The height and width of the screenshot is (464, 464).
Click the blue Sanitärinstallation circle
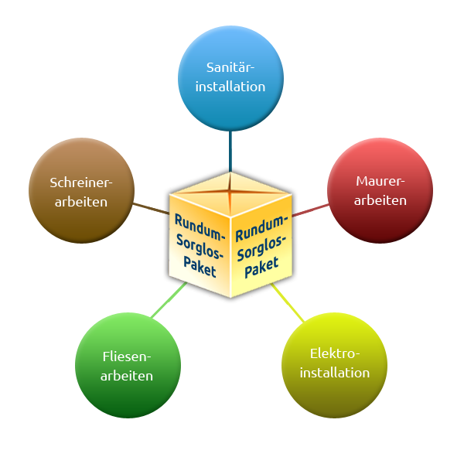point(230,77)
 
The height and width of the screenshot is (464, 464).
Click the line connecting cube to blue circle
point(230,151)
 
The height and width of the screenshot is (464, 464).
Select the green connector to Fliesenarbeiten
point(169,300)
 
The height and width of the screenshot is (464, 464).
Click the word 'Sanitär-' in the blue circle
point(230,67)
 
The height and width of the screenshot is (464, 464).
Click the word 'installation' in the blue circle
point(230,86)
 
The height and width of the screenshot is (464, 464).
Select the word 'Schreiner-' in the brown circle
point(81,183)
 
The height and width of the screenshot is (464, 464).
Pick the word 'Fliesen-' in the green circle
point(128,357)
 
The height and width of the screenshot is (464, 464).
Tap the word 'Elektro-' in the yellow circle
point(334,353)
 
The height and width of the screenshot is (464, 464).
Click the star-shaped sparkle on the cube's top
point(230,189)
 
